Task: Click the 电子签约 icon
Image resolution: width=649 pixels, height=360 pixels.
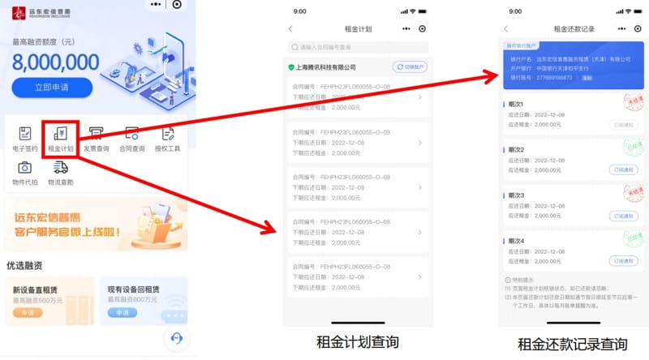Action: [25, 134]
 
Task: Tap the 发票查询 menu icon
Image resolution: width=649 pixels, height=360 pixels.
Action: [96, 134]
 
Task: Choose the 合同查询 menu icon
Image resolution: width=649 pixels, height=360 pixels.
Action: [131, 134]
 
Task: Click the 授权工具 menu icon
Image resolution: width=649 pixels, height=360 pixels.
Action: [167, 134]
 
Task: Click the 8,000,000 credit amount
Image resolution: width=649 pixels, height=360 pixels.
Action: [55, 62]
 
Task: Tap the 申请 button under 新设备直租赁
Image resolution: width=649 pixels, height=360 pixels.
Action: [28, 312]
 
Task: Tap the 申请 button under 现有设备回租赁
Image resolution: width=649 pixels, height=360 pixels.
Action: [122, 312]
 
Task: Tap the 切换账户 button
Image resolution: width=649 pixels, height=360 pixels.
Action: [410, 67]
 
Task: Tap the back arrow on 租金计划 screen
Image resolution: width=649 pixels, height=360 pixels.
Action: [290, 28]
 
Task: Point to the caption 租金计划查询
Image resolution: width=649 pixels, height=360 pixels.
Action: [358, 342]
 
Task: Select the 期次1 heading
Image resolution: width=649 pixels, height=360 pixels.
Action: [516, 105]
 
